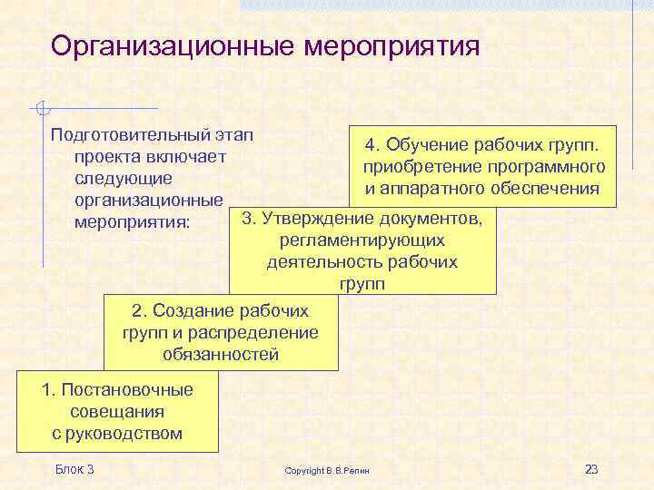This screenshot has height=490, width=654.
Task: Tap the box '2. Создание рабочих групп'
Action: pyautogui.click(x=220, y=332)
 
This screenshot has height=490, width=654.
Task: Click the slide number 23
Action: pyautogui.click(x=591, y=469)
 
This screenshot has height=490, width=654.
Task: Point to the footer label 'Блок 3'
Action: pyautogui.click(x=74, y=468)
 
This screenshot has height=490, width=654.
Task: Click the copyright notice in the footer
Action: pyautogui.click(x=333, y=470)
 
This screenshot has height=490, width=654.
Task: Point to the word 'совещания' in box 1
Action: pyautogui.click(x=117, y=412)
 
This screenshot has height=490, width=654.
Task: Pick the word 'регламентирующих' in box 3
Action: pyautogui.click(x=362, y=240)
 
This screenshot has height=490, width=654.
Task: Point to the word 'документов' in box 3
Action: pyautogui.click(x=441, y=219)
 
